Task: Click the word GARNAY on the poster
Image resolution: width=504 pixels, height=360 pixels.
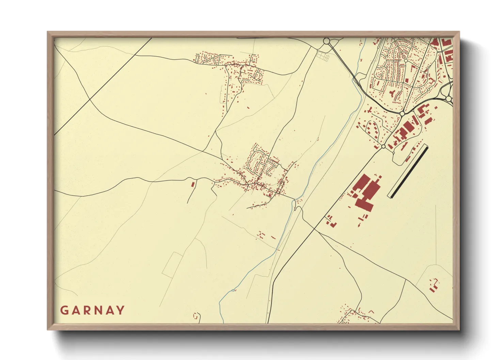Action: coord(92,310)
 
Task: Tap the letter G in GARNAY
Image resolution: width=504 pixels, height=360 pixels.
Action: coord(64,310)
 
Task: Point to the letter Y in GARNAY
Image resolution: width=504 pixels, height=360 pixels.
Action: coord(121,310)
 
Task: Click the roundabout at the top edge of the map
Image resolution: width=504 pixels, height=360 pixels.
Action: coord(327,41)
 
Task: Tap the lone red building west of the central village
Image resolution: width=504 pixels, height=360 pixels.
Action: coord(193,184)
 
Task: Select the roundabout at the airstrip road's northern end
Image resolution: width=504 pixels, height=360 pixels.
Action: coord(383,146)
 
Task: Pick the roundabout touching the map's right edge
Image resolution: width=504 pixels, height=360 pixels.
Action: coord(449,99)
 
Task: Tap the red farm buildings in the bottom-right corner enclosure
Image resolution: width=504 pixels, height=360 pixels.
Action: coord(434,285)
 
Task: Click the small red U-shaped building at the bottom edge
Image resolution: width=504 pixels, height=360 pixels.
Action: coord(195,316)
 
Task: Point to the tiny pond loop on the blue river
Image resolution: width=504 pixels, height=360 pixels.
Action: coord(234,290)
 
